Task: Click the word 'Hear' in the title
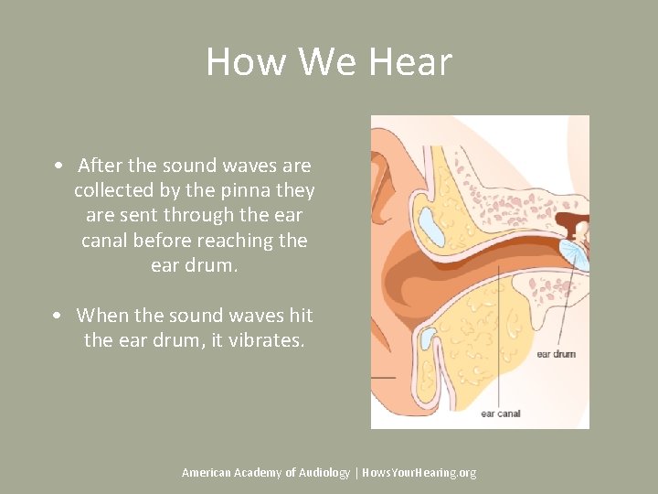pos(410,62)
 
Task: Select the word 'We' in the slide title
pos(319,62)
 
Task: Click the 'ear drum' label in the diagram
pos(556,353)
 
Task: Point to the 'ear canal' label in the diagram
pos(500,413)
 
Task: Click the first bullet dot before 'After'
pos(58,166)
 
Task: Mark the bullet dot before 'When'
pos(58,316)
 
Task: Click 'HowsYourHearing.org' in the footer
pos(419,472)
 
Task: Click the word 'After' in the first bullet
pos(100,166)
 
